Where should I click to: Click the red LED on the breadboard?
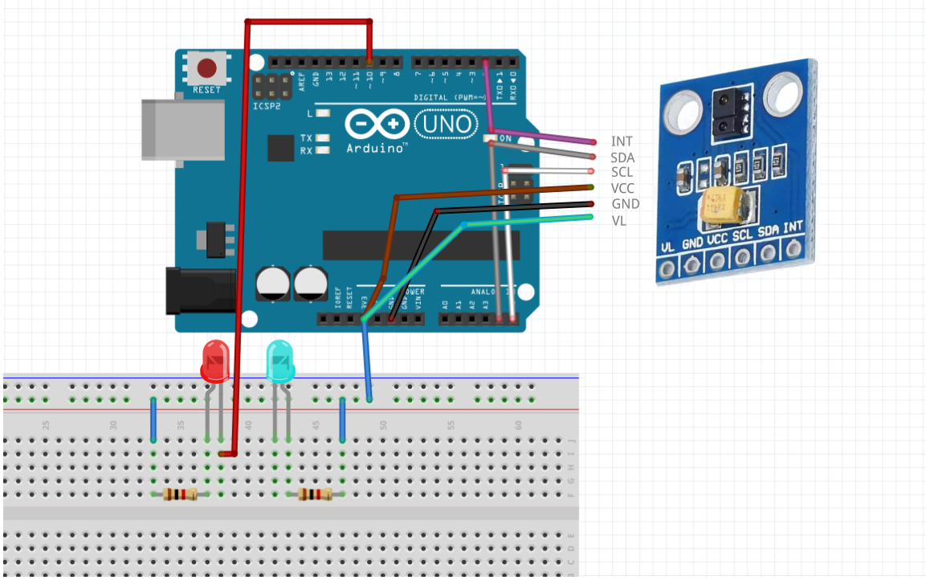coord(214,361)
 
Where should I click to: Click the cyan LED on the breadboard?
coord(280,361)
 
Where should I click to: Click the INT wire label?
coord(622,141)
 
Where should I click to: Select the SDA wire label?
coord(622,157)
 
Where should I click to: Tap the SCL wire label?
coord(622,173)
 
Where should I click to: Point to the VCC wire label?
coord(623,188)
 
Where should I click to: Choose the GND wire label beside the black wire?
coord(626,204)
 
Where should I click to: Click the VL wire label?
coord(619,219)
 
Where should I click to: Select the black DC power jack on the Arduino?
coord(201,292)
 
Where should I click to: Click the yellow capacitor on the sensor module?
coord(723,205)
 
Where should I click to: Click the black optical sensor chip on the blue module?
coord(731,111)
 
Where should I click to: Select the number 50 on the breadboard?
coord(383,425)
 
